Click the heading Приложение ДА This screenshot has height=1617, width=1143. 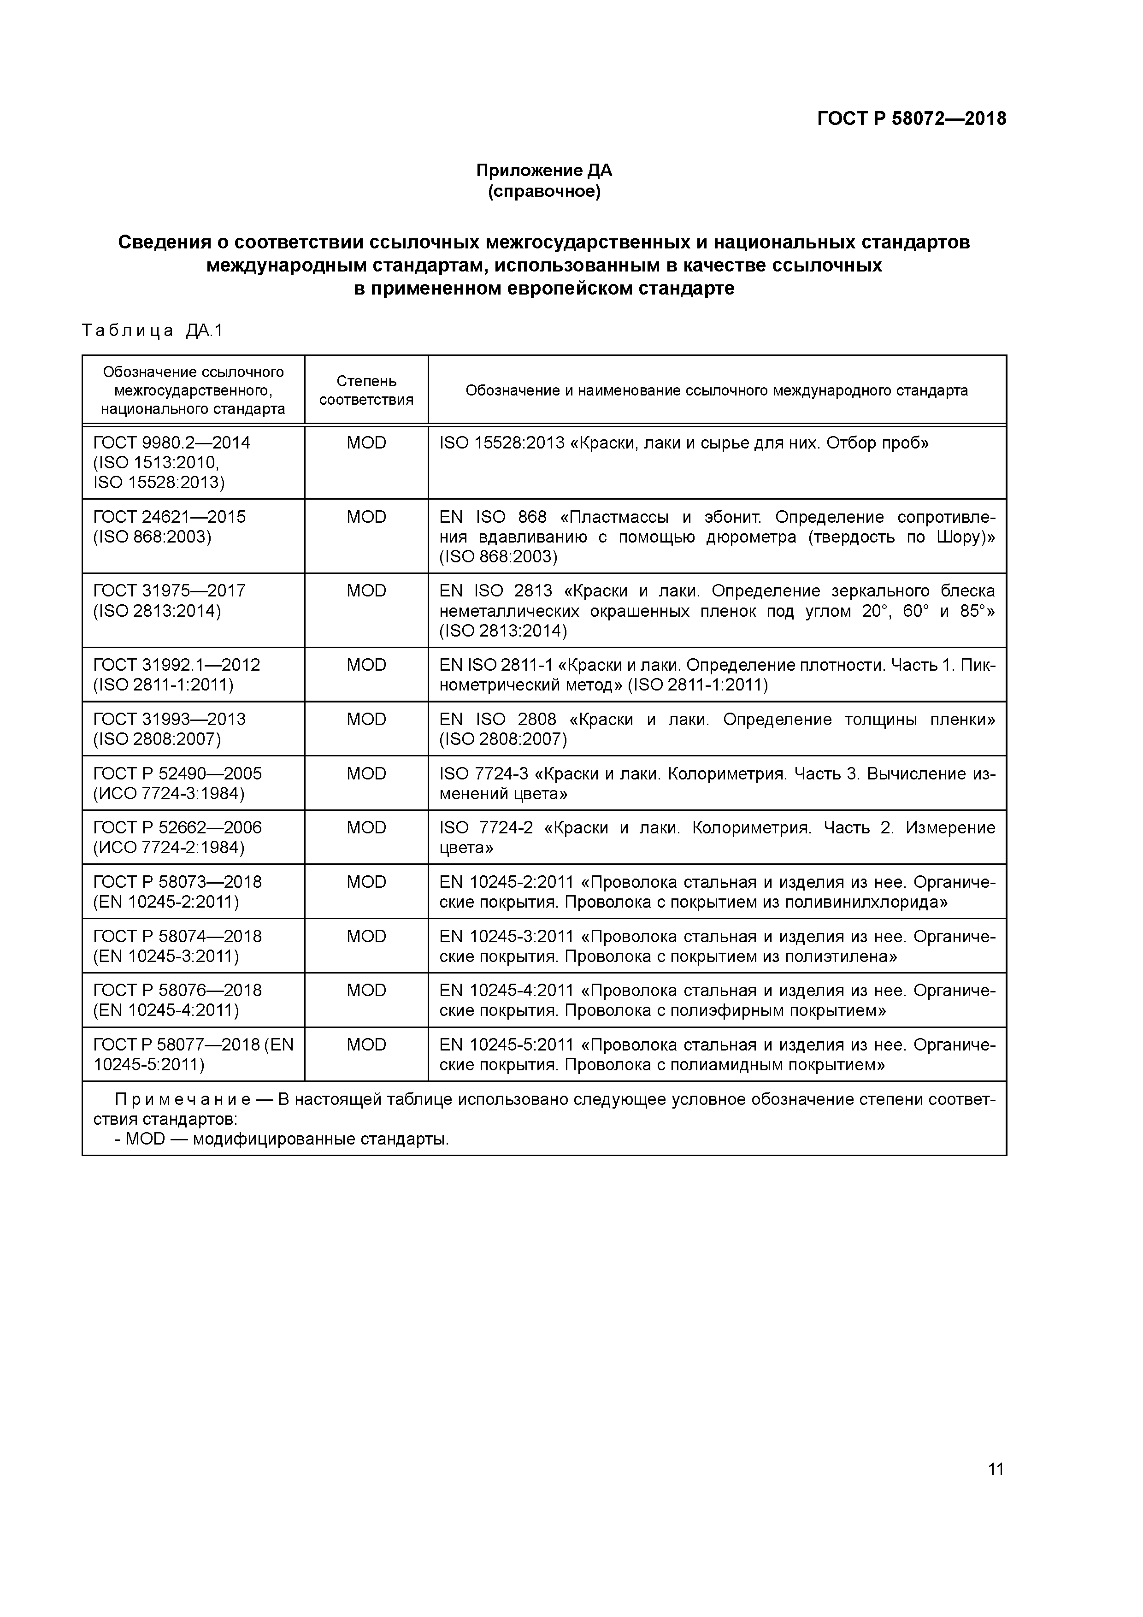coord(544,171)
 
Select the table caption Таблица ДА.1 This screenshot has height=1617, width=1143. coord(152,330)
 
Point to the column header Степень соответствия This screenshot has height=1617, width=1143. coord(366,390)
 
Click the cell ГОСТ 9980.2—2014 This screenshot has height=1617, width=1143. coord(171,443)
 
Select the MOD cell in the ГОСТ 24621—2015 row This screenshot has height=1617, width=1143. coord(366,517)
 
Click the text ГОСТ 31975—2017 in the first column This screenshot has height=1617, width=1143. coord(169,591)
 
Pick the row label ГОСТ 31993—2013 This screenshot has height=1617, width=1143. coord(169,719)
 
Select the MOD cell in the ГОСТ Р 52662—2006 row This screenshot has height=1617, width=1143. coord(366,827)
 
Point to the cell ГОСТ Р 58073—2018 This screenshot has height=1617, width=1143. coord(177,882)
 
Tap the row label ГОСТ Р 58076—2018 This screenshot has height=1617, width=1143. coord(177,990)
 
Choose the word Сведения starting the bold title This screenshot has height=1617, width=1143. coord(164,242)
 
